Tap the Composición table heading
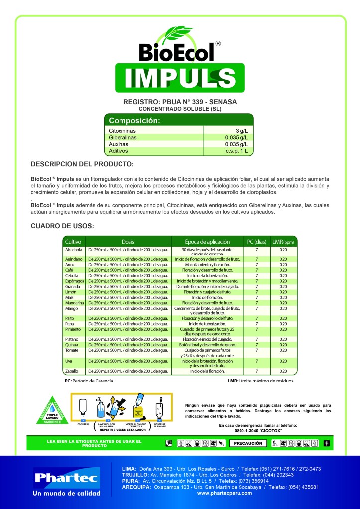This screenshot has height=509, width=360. click(x=134, y=121)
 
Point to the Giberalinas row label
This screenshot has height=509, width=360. click(x=122, y=137)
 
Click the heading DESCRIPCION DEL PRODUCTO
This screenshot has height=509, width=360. click(x=82, y=164)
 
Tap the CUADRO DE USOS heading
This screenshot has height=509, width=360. click(x=62, y=226)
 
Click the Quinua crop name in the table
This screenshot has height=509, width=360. click(x=71, y=345)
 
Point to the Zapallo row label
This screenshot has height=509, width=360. click(x=72, y=371)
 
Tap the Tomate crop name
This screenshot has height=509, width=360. click(x=72, y=350)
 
